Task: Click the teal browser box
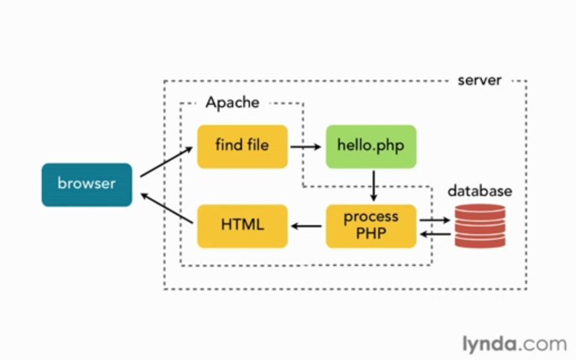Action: pos(86,185)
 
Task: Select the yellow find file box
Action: pos(242,146)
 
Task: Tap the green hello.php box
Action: pos(371,146)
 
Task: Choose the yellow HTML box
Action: pos(242,226)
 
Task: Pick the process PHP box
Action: pos(371,226)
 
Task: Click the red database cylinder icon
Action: pos(480,226)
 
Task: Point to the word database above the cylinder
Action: pos(480,191)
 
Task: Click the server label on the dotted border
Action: pos(479,80)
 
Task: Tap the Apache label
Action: pos(232,102)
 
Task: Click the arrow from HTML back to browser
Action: pos(167,208)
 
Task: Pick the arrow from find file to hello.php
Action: pos(305,147)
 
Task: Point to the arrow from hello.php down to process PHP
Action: pos(373,186)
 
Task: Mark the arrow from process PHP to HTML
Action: pos(306,226)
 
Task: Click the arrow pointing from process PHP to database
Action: pos(435,220)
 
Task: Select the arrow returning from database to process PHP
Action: pos(435,233)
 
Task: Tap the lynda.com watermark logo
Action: pos(514,344)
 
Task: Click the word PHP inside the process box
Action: pos(371,233)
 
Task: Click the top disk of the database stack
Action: pos(480,211)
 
